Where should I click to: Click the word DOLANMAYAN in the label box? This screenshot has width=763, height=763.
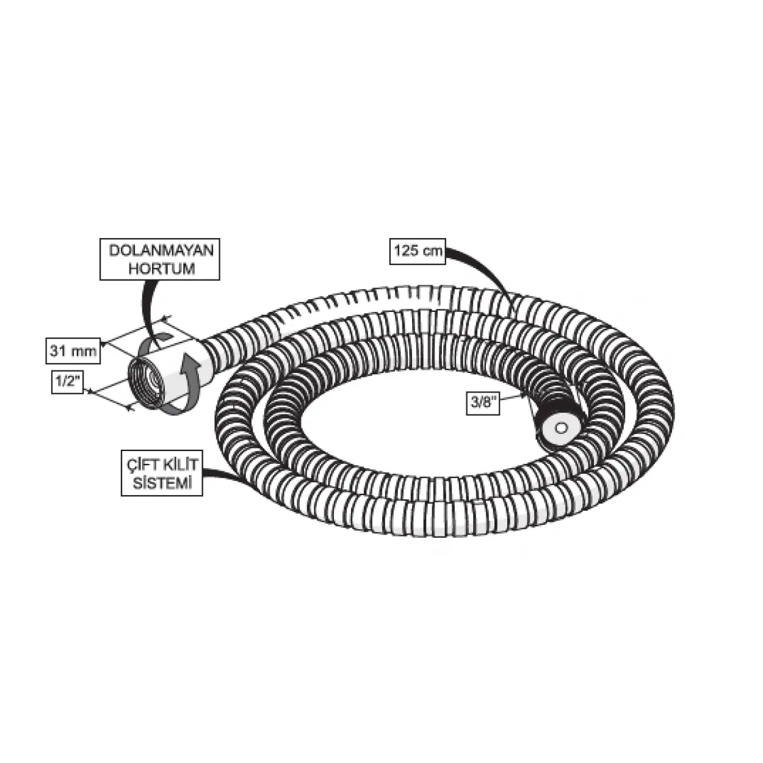point(160,251)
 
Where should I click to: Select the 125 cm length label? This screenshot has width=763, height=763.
point(418,251)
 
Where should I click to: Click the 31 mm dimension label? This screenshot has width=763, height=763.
point(73,351)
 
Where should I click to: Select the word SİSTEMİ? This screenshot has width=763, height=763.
point(161,484)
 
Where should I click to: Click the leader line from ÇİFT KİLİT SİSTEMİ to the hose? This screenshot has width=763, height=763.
point(220,475)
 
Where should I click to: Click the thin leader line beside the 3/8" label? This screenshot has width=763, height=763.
point(516,398)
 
